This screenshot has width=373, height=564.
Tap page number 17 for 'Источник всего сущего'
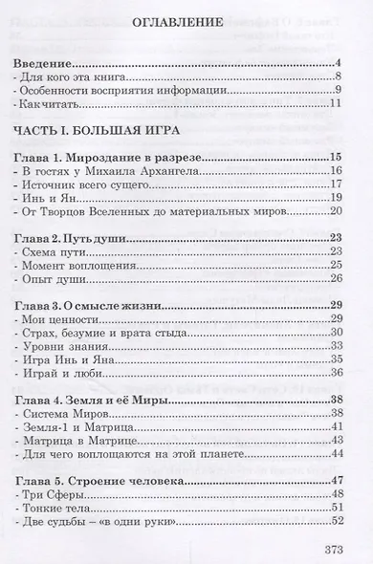coord(335,184)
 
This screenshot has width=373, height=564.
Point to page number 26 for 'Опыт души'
coord(335,278)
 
